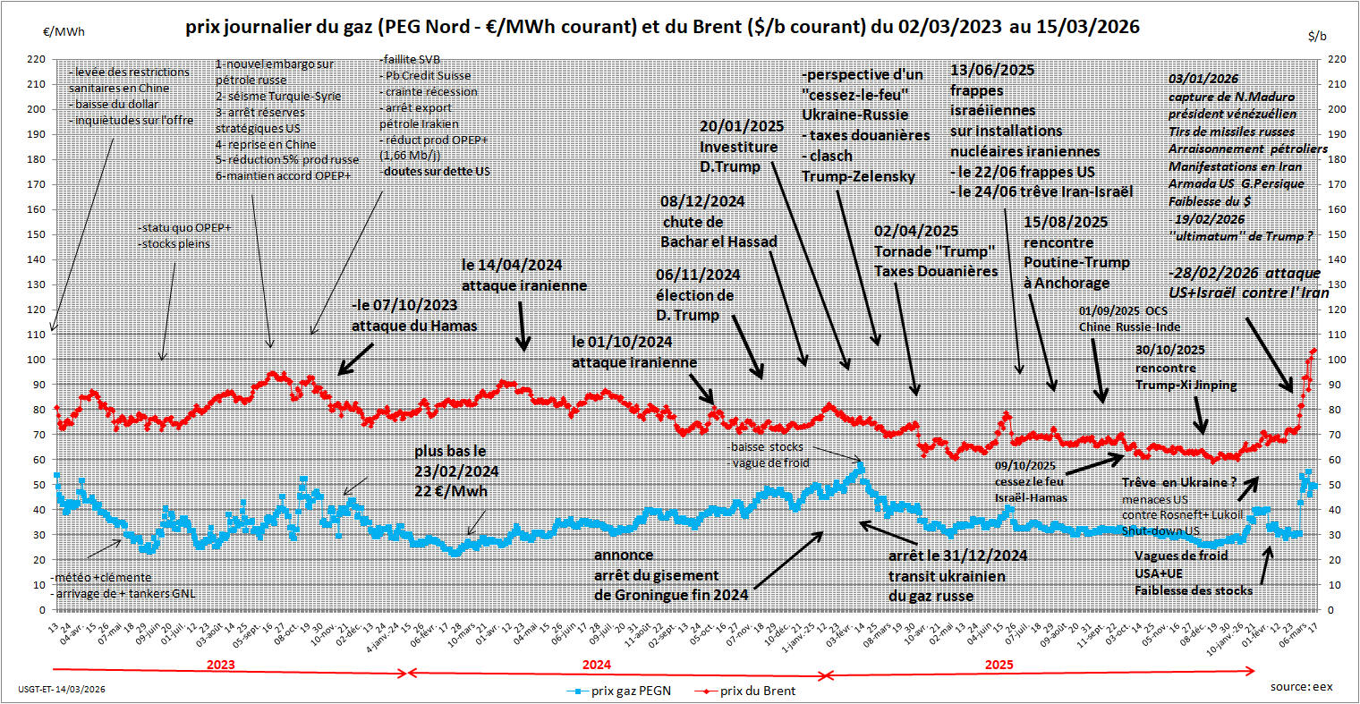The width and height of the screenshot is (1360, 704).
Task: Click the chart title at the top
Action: [662, 27]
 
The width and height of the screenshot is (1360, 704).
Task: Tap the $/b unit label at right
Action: [1317, 36]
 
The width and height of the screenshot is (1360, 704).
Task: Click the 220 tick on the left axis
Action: [36, 59]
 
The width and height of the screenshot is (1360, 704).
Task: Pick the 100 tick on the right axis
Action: [1339, 360]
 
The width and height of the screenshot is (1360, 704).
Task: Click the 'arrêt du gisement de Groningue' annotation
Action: [671, 575]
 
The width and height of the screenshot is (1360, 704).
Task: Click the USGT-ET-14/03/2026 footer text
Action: [61, 689]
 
